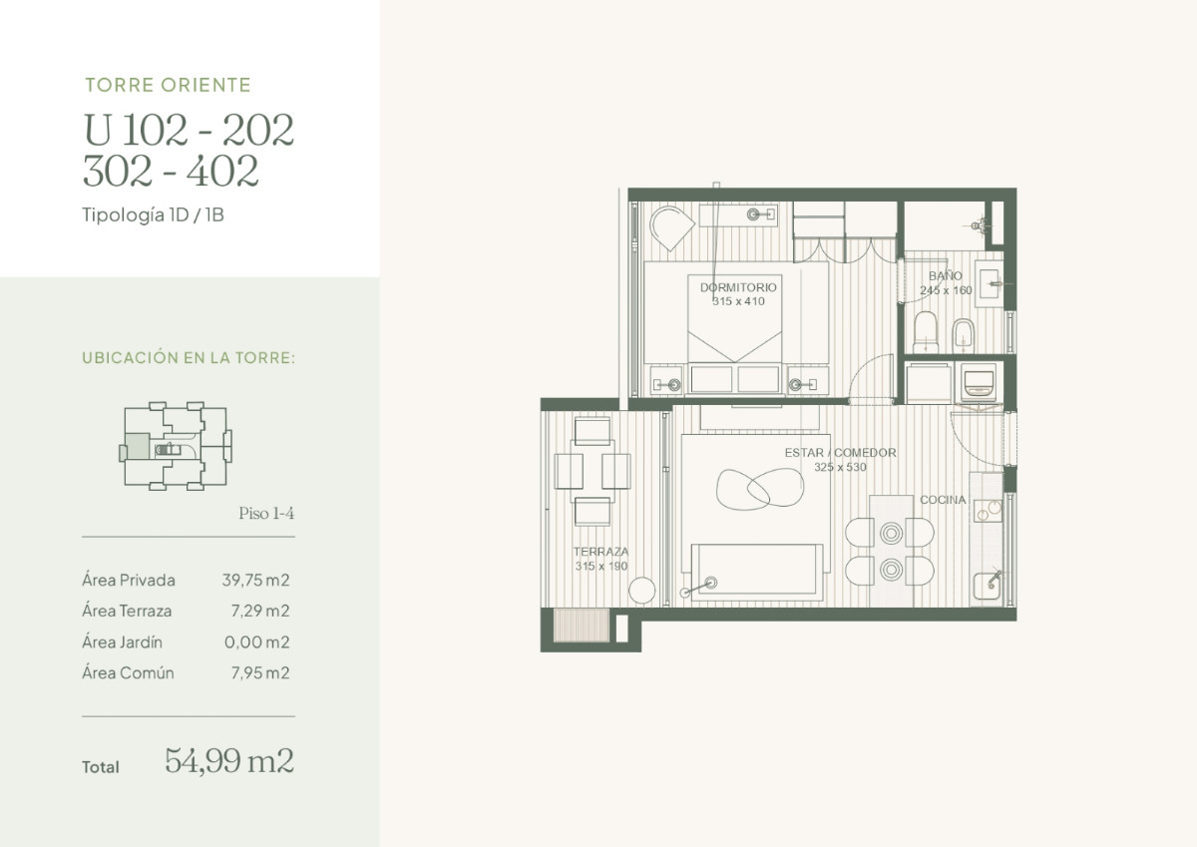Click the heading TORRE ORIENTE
click(168, 86)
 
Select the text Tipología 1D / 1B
click(153, 214)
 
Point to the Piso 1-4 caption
click(266, 514)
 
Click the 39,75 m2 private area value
click(255, 580)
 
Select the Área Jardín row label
click(122, 642)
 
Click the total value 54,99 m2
click(228, 761)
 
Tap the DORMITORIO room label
click(737, 287)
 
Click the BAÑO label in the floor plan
click(945, 276)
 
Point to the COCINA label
click(942, 500)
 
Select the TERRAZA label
click(600, 552)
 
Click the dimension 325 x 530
click(840, 467)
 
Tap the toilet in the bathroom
click(926, 332)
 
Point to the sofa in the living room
click(757, 572)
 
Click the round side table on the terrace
click(642, 590)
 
